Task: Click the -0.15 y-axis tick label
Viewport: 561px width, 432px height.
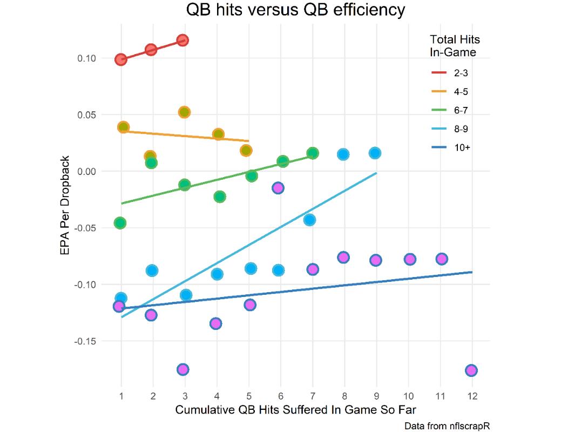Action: point(99,341)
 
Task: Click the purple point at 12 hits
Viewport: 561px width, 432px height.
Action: point(471,370)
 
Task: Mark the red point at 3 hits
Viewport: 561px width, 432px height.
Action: point(183,40)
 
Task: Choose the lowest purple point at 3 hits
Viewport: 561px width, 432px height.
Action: point(183,369)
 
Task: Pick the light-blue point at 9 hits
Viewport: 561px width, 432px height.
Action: point(375,153)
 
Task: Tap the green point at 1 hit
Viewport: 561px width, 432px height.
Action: point(120,223)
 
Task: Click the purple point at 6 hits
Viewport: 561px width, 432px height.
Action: point(278,187)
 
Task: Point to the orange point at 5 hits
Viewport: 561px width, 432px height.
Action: point(246,150)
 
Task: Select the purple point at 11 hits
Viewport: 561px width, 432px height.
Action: point(442,259)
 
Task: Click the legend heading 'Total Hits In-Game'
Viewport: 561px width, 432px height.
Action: point(455,46)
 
